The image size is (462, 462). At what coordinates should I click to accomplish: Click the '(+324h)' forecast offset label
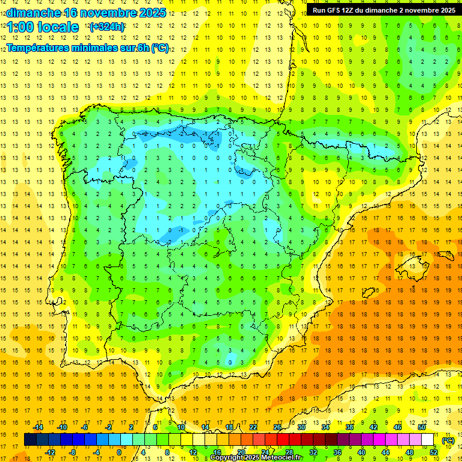click(x=107, y=27)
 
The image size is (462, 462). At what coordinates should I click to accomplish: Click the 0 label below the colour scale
click(x=119, y=452)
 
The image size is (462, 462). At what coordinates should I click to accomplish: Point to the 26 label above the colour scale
click(x=277, y=427)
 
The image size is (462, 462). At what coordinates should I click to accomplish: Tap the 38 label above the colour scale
click(x=350, y=427)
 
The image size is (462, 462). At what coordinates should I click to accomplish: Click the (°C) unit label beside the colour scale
click(x=448, y=440)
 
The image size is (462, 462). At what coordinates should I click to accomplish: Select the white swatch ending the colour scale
click(x=428, y=440)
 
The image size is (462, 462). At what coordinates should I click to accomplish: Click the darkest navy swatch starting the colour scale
click(x=31, y=440)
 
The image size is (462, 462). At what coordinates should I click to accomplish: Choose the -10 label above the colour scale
click(x=61, y=427)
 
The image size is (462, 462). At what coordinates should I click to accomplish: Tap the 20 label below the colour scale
click(x=241, y=452)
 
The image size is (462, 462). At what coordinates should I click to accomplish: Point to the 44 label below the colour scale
click(x=386, y=452)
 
